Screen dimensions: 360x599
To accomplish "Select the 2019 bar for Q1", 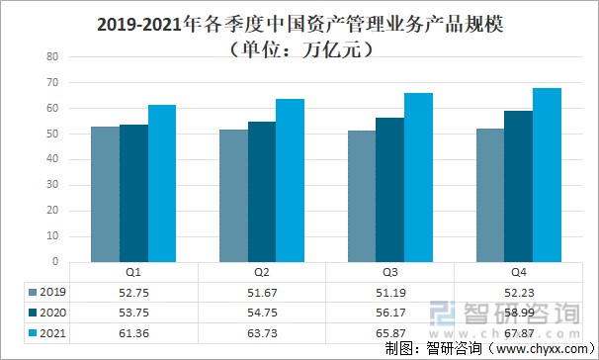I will coord(105,194).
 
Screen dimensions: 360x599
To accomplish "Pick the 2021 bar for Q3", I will coord(419,177).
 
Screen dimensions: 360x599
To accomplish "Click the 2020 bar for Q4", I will coord(518,186).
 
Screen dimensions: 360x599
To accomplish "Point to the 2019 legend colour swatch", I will coord(33,292).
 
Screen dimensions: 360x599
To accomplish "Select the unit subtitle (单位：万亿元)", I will coord(299,46).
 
